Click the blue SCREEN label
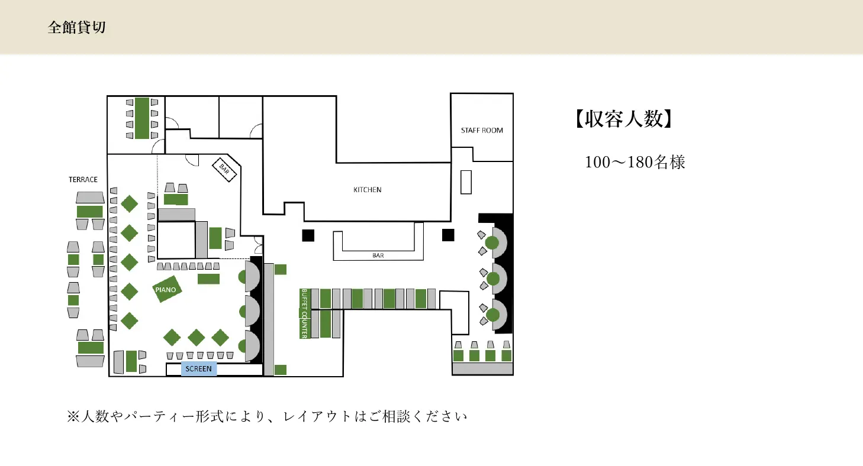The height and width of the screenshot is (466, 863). click(x=199, y=368)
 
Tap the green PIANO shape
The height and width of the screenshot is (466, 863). click(x=166, y=289)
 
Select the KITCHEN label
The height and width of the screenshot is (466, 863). click(x=367, y=190)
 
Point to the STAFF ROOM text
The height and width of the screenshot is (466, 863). click(x=482, y=131)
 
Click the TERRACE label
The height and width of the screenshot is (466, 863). click(x=83, y=180)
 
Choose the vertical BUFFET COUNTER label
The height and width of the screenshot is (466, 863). click(x=304, y=313)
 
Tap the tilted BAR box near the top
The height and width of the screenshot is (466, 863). click(x=224, y=170)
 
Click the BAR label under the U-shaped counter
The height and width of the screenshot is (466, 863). click(x=378, y=255)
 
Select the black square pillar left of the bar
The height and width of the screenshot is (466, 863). click(x=308, y=235)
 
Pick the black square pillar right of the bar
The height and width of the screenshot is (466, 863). click(x=448, y=235)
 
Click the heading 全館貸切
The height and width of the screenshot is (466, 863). click(x=77, y=27)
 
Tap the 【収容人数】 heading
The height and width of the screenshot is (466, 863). click(x=624, y=119)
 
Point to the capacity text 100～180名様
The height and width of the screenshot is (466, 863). click(x=635, y=162)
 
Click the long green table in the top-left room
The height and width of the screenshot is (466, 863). click(x=142, y=118)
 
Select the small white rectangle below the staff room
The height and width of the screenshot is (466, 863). click(x=466, y=182)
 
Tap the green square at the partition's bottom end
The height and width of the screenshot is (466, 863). click(x=281, y=370)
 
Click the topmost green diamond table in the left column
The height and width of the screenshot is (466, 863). click(x=130, y=204)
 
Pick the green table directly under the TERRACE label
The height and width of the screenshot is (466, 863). click(x=90, y=212)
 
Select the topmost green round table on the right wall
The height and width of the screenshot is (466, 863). click(x=492, y=243)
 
